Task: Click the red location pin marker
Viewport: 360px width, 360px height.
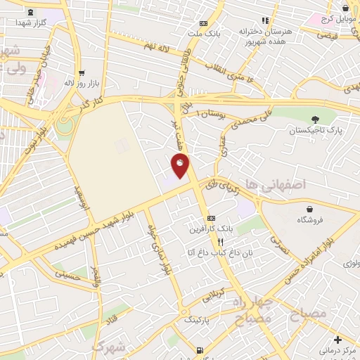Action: click(181, 166)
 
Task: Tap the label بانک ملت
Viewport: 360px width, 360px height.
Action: click(208, 32)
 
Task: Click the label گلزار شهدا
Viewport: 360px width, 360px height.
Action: click(30, 22)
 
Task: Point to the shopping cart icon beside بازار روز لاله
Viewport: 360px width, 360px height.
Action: click(82, 72)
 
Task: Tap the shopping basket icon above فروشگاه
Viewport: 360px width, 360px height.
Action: click(310, 209)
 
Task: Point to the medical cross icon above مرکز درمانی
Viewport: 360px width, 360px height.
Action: click(337, 340)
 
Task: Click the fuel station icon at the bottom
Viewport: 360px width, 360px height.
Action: click(201, 349)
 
